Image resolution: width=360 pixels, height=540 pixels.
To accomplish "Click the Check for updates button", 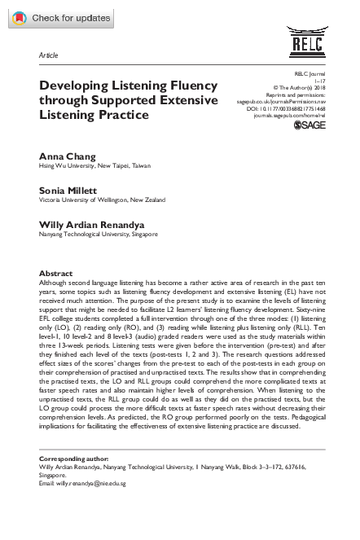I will pos(58,16).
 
